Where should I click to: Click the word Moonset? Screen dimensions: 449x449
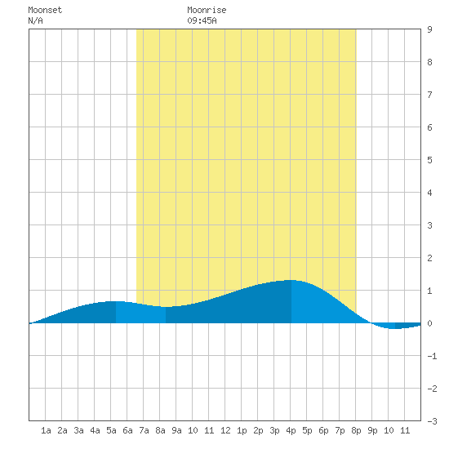point(45,10)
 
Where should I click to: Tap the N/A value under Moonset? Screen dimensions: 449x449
point(35,20)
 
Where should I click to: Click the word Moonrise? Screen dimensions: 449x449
point(207,10)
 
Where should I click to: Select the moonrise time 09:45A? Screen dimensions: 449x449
point(202,20)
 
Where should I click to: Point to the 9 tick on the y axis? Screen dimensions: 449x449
point(429,29)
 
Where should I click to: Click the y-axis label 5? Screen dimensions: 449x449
point(429,160)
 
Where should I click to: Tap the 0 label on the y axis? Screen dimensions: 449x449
point(429,323)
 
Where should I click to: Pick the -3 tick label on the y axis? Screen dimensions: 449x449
point(432,421)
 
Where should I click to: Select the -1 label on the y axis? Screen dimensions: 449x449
point(432,356)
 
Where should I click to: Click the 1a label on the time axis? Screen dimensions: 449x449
point(46,430)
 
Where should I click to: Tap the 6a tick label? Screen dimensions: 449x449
point(127,430)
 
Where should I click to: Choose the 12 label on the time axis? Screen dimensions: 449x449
point(225,430)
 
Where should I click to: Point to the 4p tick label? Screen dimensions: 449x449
point(291,430)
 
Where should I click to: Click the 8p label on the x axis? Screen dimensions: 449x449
point(356,430)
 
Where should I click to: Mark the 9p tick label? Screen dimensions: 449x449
point(372,430)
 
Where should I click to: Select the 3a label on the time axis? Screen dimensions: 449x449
point(78,430)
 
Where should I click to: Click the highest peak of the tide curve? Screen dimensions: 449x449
point(291,280)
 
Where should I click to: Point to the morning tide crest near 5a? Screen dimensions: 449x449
point(114,301)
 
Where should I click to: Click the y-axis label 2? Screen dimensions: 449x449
point(429,258)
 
